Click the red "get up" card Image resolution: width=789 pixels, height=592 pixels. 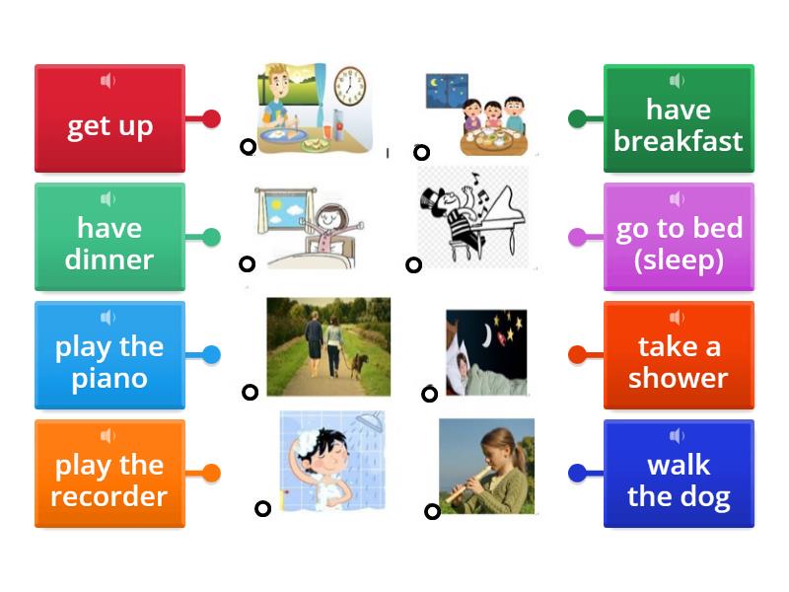point(109,118)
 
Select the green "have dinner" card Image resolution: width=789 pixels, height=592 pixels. point(109,237)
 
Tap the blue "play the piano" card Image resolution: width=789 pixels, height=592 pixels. point(109,355)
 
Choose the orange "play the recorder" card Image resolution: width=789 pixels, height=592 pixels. point(109,474)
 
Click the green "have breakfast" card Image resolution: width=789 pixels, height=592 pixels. point(679,118)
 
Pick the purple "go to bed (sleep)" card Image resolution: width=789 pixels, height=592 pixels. point(679,237)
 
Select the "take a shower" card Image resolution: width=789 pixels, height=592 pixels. point(679,355)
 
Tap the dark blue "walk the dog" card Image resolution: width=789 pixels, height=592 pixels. point(679,474)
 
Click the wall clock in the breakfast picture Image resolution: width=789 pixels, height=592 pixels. point(349,86)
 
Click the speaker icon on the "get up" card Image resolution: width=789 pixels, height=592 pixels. point(108,81)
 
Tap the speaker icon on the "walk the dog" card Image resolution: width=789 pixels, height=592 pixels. point(677,436)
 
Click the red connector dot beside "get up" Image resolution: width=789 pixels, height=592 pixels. point(211,118)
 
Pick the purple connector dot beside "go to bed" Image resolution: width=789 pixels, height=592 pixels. point(578,237)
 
